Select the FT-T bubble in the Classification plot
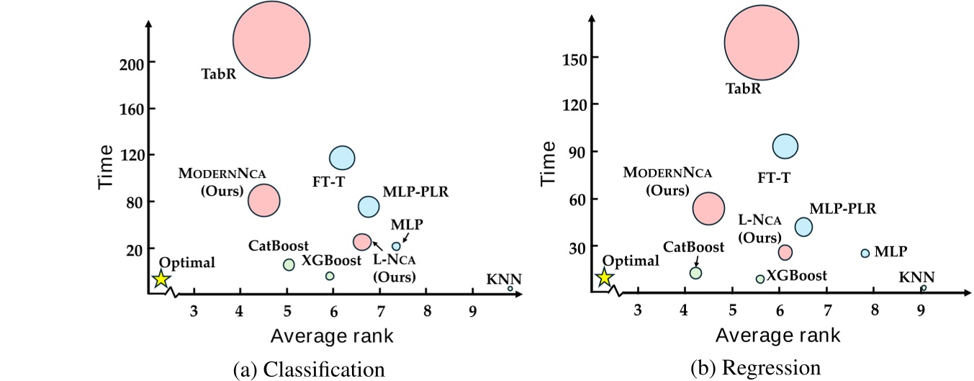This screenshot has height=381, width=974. [x=342, y=158]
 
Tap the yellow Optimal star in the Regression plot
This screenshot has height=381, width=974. [x=605, y=277]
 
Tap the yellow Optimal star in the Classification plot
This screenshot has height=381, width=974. [x=161, y=279]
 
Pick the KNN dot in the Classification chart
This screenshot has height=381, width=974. [x=510, y=289]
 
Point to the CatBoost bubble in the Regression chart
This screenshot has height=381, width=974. [x=695, y=272]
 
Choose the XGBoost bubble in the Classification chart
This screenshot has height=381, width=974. [x=330, y=276]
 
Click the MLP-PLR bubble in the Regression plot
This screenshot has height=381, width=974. [x=803, y=227]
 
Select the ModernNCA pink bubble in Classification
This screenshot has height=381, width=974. [x=264, y=200]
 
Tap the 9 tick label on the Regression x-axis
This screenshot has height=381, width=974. [x=921, y=310]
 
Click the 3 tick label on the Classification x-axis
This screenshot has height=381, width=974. [x=194, y=311]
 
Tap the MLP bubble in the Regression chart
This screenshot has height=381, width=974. [x=865, y=253]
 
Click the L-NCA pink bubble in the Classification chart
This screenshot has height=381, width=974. [x=362, y=242]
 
